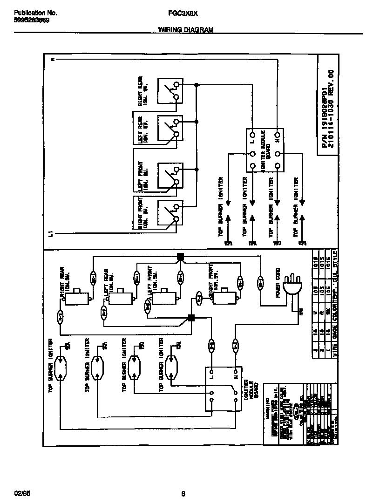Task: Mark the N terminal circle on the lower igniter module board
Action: (235, 372)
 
